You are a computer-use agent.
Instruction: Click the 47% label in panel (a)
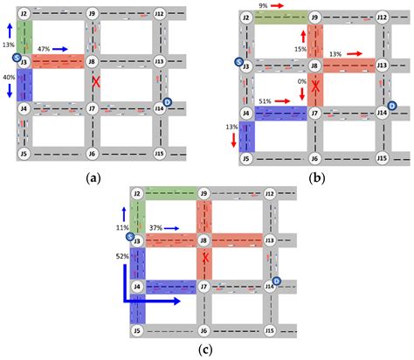pos(43,50)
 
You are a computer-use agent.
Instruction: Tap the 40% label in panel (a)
pos(8,77)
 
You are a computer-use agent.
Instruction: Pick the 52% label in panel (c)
pos(121,257)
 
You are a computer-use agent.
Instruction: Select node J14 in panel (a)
pos(159,108)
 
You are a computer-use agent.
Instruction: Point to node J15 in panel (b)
pos(381,158)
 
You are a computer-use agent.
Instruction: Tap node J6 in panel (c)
pos(204,333)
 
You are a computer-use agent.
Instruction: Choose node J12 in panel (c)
pos(271,192)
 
